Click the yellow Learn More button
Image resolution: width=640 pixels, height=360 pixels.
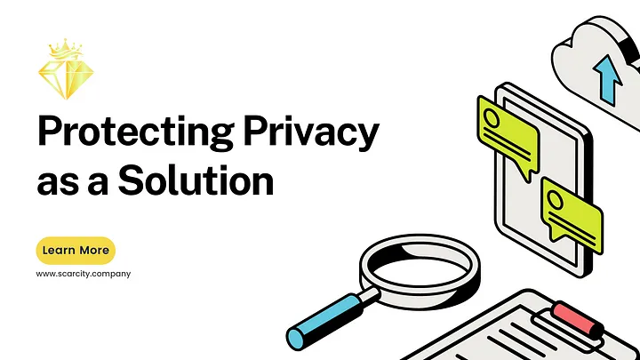76,250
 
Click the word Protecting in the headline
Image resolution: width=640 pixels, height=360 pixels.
135,132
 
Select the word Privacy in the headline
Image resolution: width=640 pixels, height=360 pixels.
311,132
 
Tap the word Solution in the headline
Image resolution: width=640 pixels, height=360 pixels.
196,180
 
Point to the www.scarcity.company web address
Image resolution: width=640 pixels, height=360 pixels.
84,274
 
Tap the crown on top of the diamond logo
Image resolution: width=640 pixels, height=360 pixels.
65,49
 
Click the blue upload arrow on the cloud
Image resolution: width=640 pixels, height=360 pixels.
608,80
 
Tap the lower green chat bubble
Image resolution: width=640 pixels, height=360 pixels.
572,214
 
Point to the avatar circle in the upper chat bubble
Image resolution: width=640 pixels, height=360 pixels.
492,118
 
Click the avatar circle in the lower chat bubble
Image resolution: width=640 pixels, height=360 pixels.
556,200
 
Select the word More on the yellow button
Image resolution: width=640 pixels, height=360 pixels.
94,250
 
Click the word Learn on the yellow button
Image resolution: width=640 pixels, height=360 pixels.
59,250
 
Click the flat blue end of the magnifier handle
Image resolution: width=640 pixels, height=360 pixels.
295,338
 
